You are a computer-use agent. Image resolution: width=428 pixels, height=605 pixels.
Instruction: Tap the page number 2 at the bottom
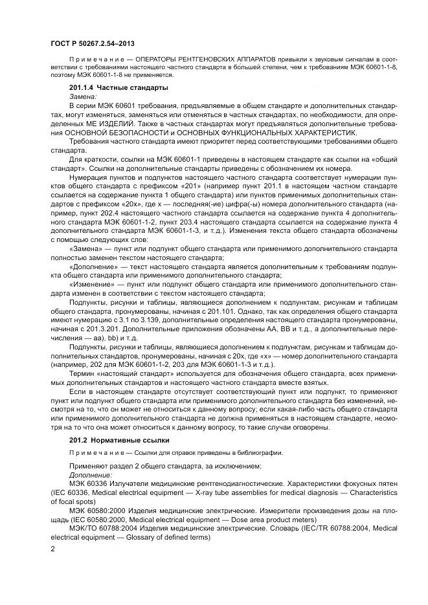(x=52, y=548)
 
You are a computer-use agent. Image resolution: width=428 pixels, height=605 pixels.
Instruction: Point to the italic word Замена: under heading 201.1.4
(x=82, y=95)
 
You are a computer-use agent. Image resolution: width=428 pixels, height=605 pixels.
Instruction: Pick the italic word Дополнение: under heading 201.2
(x=88, y=474)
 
